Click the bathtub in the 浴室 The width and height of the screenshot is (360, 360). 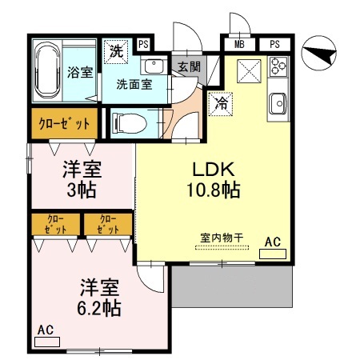50,71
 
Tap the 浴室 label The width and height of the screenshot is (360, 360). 78,72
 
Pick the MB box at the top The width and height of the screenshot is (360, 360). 239,43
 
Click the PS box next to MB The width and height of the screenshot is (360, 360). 274,43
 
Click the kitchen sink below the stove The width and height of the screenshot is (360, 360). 278,102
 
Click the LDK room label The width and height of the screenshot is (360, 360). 212,170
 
